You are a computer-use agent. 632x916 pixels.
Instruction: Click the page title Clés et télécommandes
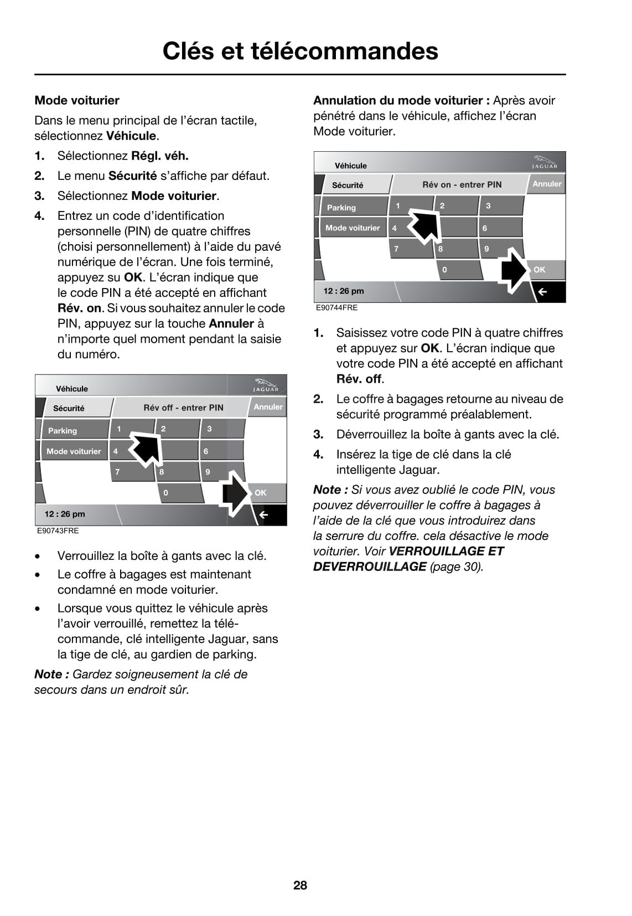[300, 51]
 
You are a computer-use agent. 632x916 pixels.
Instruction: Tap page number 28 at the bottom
[300, 885]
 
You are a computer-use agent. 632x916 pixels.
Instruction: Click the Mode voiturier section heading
[77, 100]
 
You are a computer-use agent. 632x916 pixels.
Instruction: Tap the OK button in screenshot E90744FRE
[543, 270]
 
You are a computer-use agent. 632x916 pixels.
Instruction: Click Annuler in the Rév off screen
[268, 407]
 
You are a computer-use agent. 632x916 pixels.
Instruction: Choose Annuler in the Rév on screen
[547, 184]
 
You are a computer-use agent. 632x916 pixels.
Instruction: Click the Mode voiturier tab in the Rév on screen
[353, 228]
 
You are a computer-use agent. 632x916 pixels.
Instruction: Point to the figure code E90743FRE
[58, 531]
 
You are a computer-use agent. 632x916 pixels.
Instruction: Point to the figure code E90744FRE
[337, 307]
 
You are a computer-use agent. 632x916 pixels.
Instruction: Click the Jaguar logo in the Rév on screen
[545, 162]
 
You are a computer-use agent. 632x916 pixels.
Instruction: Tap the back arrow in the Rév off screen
[264, 514]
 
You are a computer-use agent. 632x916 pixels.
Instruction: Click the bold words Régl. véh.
[159, 156]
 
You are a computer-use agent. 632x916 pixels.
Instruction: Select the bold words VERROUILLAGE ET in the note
[447, 551]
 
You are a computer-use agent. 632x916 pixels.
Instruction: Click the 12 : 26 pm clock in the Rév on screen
[344, 291]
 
